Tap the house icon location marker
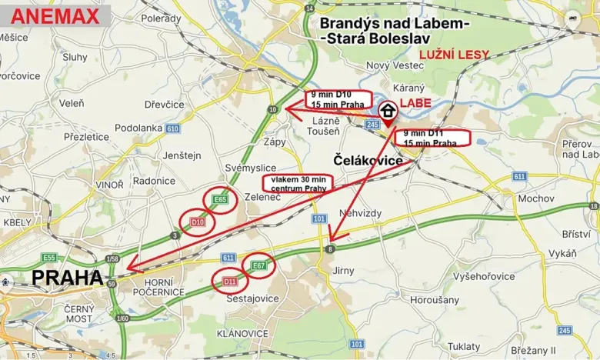point(388,110)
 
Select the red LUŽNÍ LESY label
point(453,55)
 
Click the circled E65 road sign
point(220,200)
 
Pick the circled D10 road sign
point(197,222)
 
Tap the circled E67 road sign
point(258,265)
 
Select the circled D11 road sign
point(230,282)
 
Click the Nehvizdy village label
point(360,212)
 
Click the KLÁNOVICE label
point(242,333)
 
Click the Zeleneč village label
point(261,197)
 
